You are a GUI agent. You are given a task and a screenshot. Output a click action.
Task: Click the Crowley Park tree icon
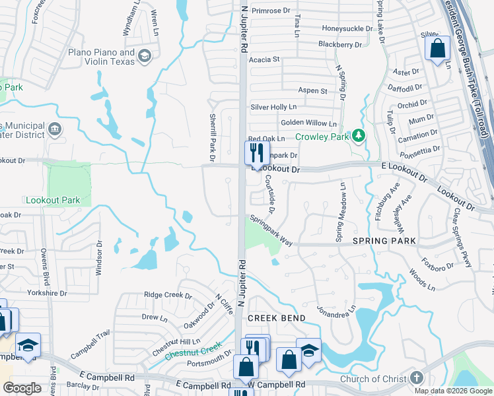pos(359,136)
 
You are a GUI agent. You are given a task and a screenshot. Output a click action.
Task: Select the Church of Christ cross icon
pos(416,378)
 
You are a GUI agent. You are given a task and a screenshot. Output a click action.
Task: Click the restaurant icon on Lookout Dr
pos(255,153)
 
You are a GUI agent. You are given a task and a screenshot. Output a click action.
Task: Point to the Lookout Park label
pos(52,199)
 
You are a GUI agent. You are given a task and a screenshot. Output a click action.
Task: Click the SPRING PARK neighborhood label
pos(385,241)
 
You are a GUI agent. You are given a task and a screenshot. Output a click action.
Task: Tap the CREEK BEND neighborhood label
pos(276,318)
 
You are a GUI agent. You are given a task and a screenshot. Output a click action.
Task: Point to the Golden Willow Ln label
pos(308,123)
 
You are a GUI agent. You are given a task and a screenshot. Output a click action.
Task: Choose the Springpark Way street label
pos(270,231)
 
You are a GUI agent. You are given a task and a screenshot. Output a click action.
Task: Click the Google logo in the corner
pos(22,388)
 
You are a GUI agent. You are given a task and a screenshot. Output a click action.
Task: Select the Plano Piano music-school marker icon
pos(145,57)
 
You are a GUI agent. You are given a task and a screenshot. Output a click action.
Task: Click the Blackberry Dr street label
pos(340,44)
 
